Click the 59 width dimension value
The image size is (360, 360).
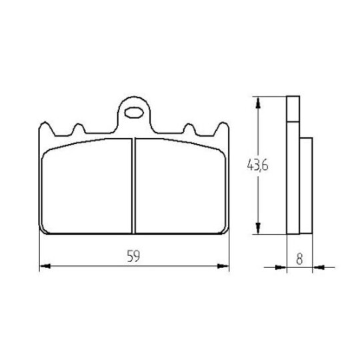(133, 256)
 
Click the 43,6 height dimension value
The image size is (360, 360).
(257, 165)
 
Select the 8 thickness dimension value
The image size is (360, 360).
(299, 259)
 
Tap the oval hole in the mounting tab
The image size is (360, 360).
(134, 113)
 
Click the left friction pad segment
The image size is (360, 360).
(87, 186)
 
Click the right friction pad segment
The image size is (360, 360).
(181, 186)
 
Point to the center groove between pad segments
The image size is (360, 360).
(134, 186)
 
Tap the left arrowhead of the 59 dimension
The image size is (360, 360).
(45, 266)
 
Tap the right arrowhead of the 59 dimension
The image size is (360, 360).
(223, 266)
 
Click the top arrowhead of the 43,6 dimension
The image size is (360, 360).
(258, 103)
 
